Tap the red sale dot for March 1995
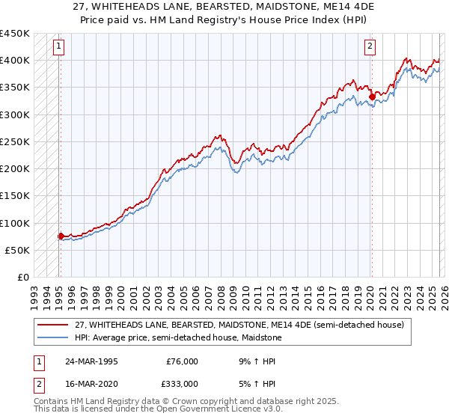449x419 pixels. click(61, 236)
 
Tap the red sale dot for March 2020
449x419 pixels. click(372, 96)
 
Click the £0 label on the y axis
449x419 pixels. click(23, 278)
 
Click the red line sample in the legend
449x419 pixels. click(53, 325)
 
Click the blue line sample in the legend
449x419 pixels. click(53, 337)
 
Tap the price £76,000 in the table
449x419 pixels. click(182, 361)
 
